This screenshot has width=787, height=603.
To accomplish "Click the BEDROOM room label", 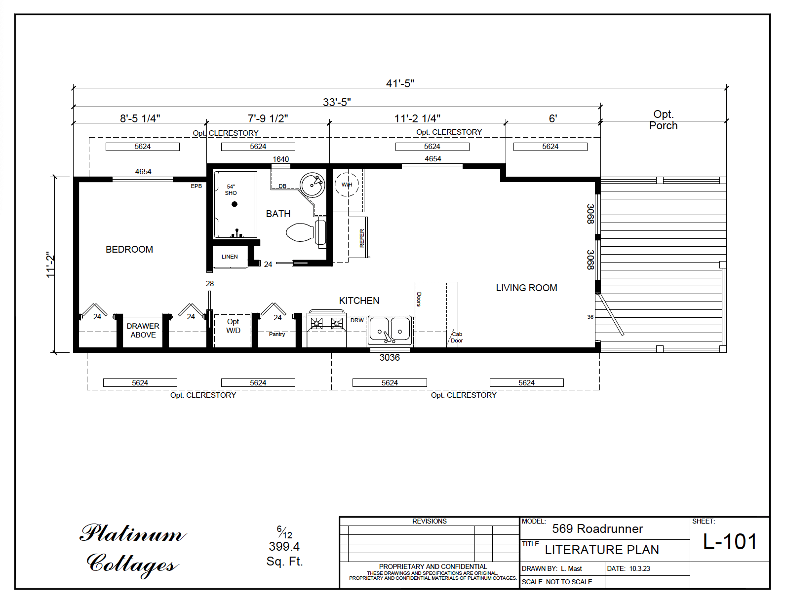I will [x=129, y=250].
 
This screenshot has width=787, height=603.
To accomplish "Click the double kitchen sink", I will [x=390, y=330].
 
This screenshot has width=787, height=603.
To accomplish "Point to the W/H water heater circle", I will [x=347, y=185].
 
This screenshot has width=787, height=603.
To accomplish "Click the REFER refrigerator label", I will [x=362, y=238].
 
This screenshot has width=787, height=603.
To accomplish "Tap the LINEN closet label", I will [x=230, y=257].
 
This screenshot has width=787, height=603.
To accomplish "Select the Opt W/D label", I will [x=233, y=326].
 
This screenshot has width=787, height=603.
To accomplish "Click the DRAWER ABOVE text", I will [x=143, y=331].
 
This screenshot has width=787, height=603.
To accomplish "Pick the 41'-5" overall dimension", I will [x=400, y=83].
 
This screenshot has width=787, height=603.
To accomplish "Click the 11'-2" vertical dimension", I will [x=50, y=264].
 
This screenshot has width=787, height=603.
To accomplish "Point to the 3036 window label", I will [x=390, y=358].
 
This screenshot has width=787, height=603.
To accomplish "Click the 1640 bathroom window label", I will [x=280, y=159].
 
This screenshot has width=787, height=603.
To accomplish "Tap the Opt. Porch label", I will [x=663, y=120].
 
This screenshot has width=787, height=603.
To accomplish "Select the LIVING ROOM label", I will [x=526, y=288].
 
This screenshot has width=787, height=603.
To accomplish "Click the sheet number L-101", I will [x=730, y=542].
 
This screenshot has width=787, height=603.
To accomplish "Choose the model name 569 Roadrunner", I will [x=597, y=529].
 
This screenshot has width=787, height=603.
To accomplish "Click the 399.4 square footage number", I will [x=284, y=547].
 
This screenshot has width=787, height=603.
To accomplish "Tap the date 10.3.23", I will [x=639, y=568].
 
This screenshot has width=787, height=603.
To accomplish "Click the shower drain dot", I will [x=235, y=204].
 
